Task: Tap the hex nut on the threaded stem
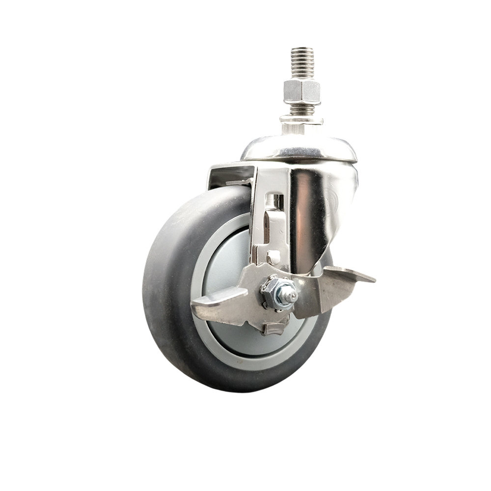click(302, 92)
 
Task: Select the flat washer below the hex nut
click(301, 118)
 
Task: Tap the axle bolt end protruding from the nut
click(291, 296)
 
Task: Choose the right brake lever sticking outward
click(349, 282)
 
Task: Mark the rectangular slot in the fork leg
click(276, 201)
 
